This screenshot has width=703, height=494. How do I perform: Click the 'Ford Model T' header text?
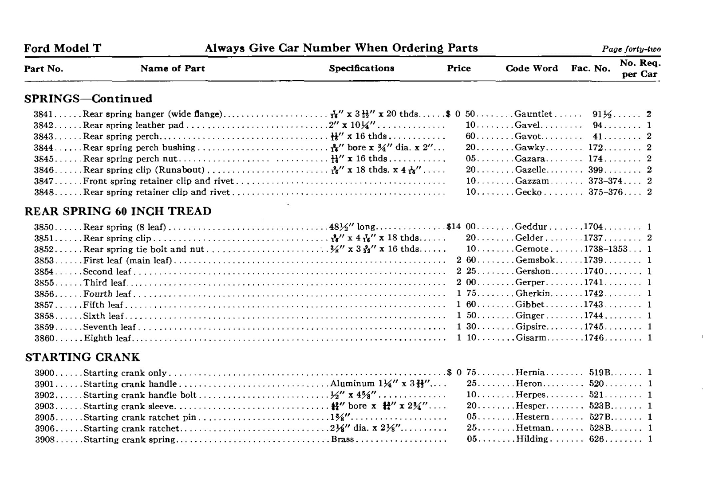coord(63,48)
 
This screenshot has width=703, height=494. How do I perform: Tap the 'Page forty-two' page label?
coord(631,49)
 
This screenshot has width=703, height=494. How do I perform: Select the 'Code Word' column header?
coord(531,68)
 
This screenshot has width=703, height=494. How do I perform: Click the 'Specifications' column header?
coord(361,68)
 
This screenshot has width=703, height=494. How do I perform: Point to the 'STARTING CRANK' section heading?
coord(83,357)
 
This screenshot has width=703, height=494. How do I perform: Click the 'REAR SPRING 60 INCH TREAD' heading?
coord(118,211)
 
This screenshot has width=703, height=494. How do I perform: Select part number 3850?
coord(44,227)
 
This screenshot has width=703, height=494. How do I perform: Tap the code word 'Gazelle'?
coord(530,170)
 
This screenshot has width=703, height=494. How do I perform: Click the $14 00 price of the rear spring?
coord(461,227)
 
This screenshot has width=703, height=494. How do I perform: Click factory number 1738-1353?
coord(605,249)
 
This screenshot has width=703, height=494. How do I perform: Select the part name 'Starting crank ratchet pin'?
coord(139,417)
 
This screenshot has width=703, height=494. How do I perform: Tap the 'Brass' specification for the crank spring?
coord(343,439)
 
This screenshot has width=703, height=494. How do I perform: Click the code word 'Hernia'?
coord(530,373)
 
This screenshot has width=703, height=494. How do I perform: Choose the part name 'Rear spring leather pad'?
coord(133,125)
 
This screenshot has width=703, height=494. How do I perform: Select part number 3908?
coord(44,439)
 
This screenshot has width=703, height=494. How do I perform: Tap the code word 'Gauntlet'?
coord(533,114)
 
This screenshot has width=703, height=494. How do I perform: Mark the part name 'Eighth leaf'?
coord(107,338)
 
